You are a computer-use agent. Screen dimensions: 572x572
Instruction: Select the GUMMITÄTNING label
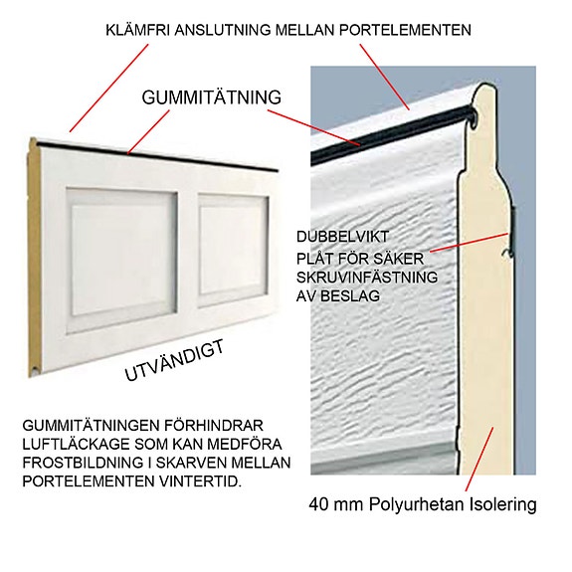(x=212, y=97)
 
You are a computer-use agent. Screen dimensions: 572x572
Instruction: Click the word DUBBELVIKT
(x=338, y=238)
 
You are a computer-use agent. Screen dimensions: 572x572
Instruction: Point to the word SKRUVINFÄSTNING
(x=367, y=276)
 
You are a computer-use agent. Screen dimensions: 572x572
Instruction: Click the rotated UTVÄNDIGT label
(x=175, y=360)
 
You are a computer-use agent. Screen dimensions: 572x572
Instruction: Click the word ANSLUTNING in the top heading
(x=225, y=30)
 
